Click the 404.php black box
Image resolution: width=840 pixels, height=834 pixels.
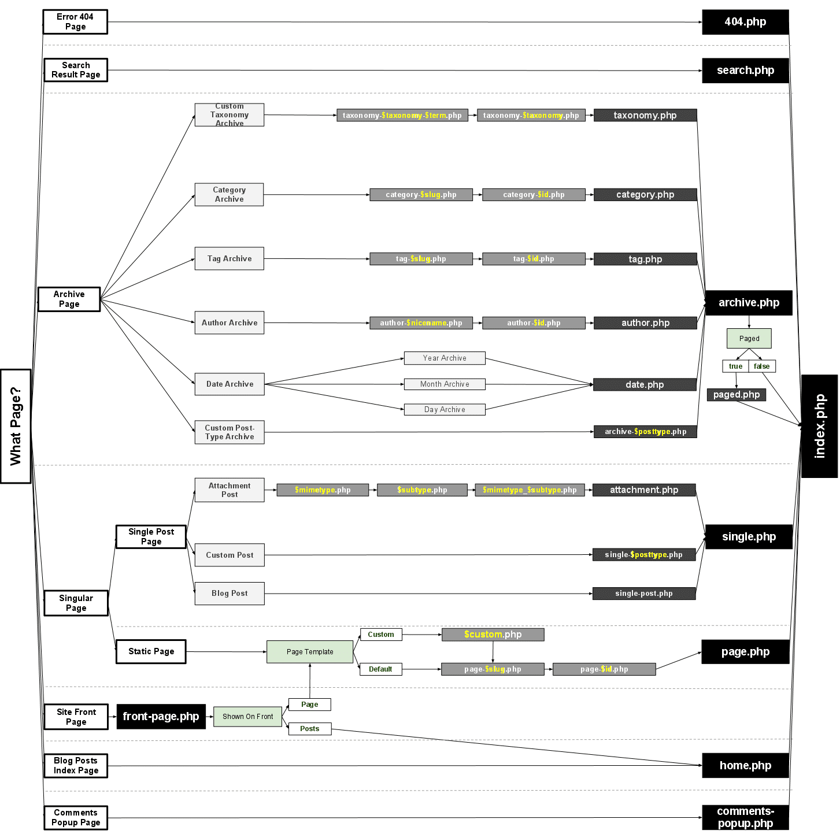click(745, 22)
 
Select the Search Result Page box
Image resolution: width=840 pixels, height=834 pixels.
click(76, 70)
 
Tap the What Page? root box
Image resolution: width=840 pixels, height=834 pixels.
click(16, 426)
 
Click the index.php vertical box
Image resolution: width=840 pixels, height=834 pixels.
click(819, 426)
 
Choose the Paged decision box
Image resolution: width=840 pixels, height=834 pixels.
click(749, 339)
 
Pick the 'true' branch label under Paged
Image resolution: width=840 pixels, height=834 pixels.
click(735, 366)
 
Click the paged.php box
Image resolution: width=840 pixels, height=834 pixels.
click(736, 395)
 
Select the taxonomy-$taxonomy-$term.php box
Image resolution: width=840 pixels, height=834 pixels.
click(402, 116)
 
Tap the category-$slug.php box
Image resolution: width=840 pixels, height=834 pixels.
click(421, 195)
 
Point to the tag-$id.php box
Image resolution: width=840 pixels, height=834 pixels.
click(534, 259)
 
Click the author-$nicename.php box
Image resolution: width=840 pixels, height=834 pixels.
click(421, 323)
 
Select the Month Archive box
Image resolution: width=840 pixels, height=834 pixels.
click(445, 384)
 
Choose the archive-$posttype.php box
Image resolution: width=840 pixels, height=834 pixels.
click(645, 432)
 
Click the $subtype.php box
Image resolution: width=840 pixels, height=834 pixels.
click(422, 490)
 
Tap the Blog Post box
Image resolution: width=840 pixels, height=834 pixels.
click(230, 594)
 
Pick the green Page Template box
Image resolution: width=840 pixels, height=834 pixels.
click(310, 652)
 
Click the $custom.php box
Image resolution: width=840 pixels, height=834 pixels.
click(493, 635)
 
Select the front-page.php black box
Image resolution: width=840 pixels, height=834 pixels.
click(161, 717)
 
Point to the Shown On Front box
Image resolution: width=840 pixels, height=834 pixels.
click(247, 717)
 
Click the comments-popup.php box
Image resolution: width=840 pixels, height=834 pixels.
click(745, 817)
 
